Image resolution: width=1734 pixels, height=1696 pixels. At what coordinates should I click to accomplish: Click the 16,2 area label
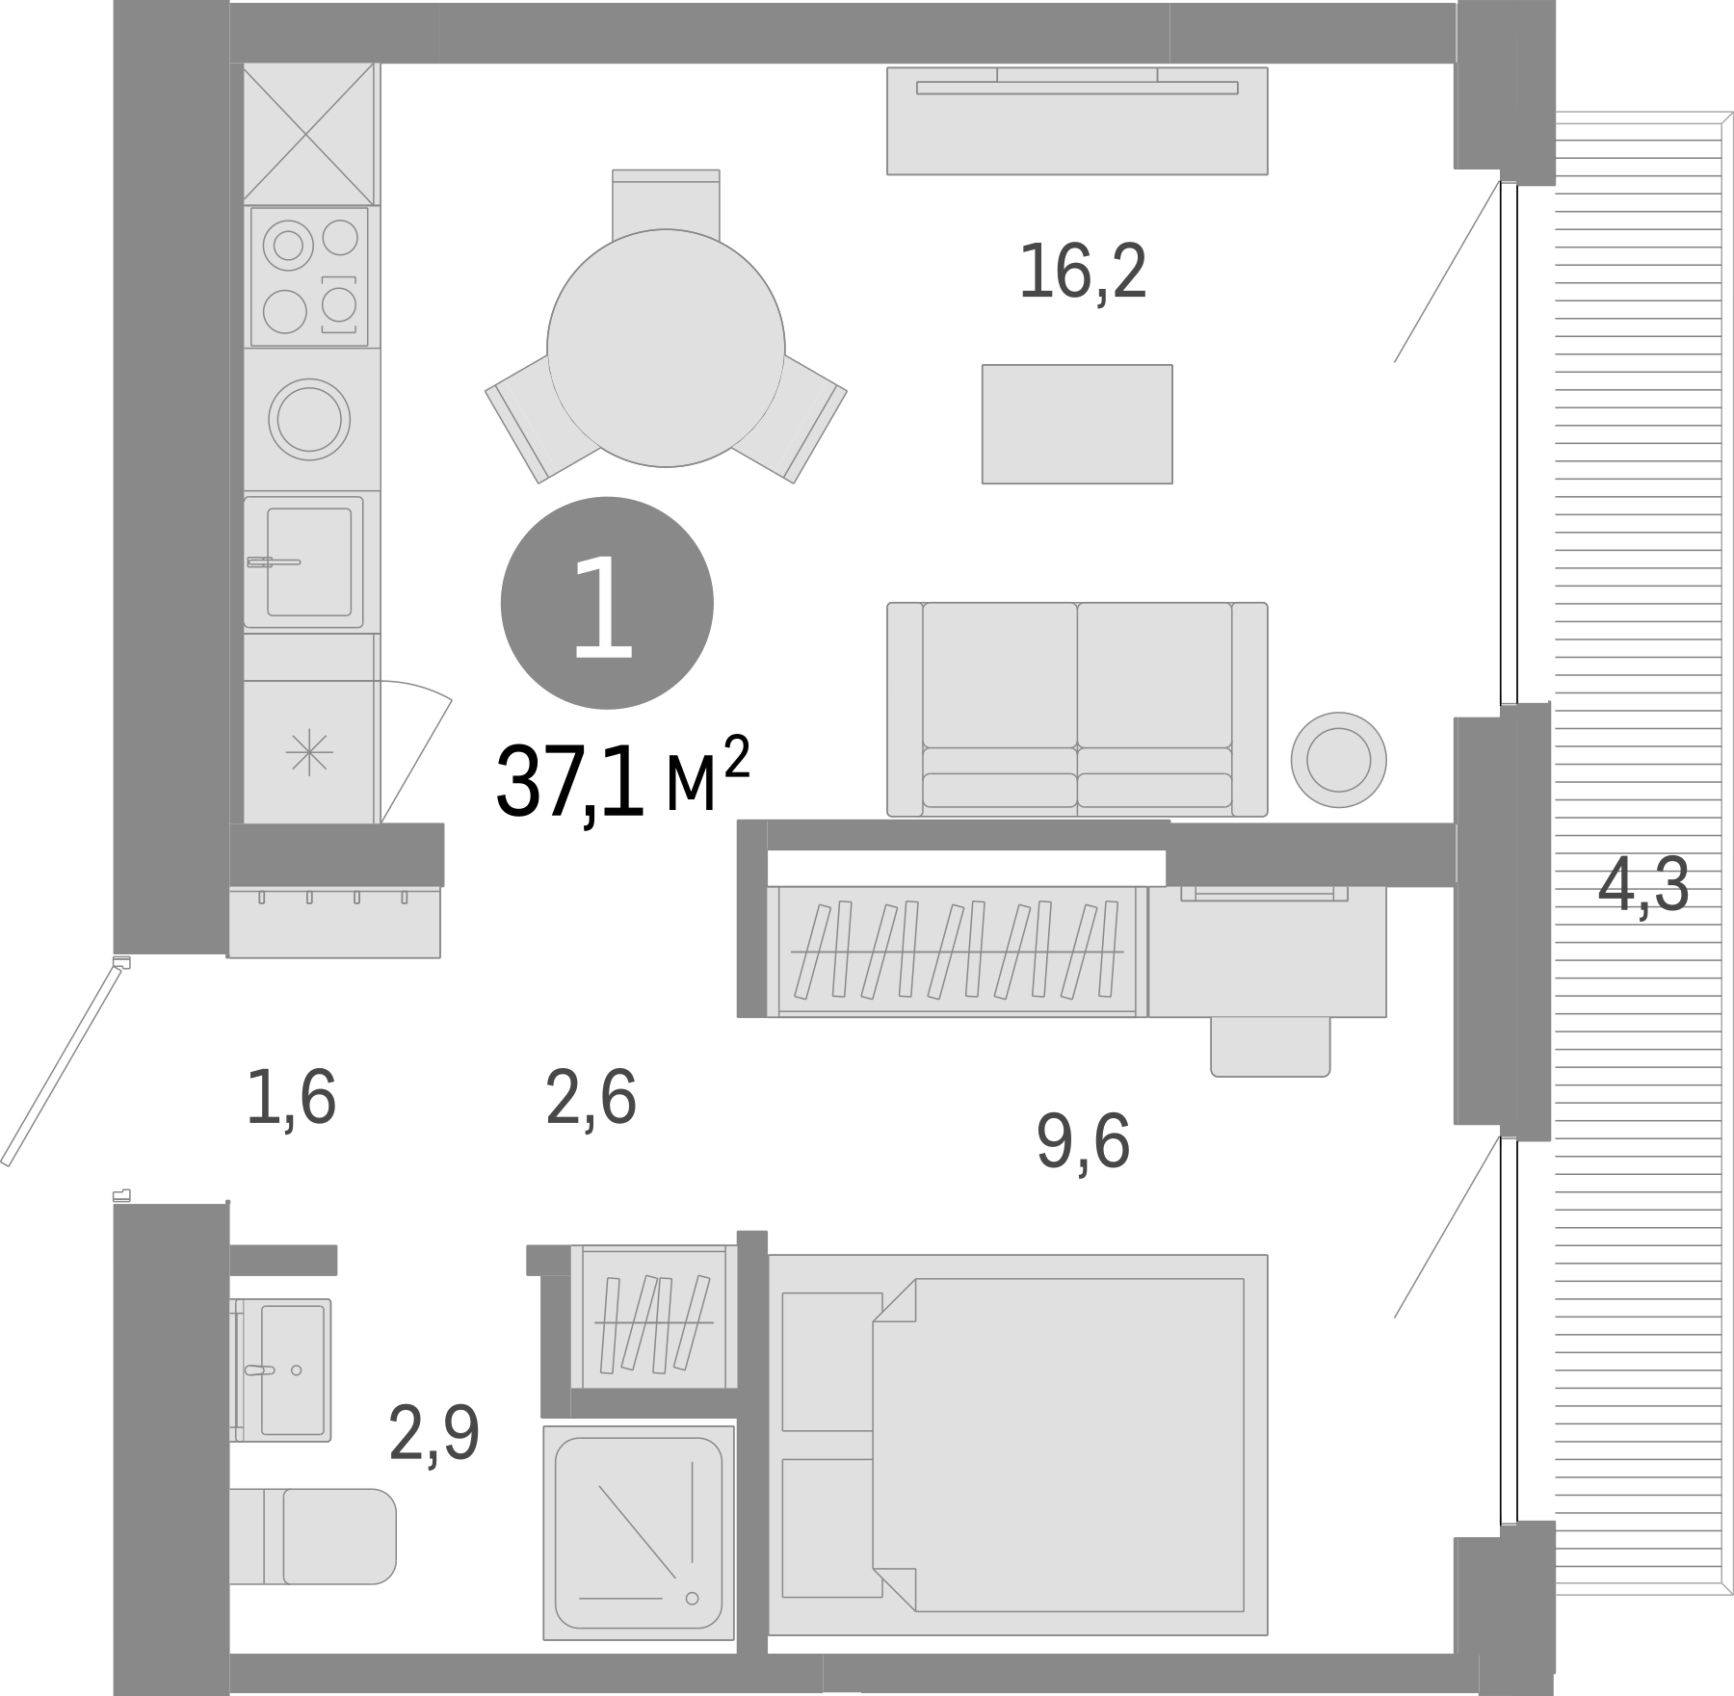pyautogui.click(x=1083, y=273)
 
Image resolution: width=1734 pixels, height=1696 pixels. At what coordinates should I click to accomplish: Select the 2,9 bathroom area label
pyautogui.click(x=433, y=1433)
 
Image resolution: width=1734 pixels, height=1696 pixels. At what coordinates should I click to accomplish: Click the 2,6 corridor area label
pyautogui.click(x=591, y=1097)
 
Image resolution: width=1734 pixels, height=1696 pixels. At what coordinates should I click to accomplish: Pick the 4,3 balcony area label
pyautogui.click(x=1643, y=887)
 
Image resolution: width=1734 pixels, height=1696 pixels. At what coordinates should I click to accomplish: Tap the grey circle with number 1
pyautogui.click(x=607, y=603)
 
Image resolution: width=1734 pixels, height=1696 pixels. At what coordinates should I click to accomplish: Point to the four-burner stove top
pyautogui.click(x=309, y=276)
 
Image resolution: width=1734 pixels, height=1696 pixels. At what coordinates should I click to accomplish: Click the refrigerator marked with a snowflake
pyautogui.click(x=309, y=752)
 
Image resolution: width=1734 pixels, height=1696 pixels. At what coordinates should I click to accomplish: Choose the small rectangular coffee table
pyautogui.click(x=1077, y=424)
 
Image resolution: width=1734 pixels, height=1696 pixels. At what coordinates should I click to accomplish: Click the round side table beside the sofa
pyautogui.click(x=1338, y=760)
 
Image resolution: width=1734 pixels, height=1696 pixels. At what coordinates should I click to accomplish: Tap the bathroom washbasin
pyautogui.click(x=289, y=1369)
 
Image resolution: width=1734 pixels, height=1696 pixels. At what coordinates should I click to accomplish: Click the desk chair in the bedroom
pyautogui.click(x=1271, y=1046)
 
